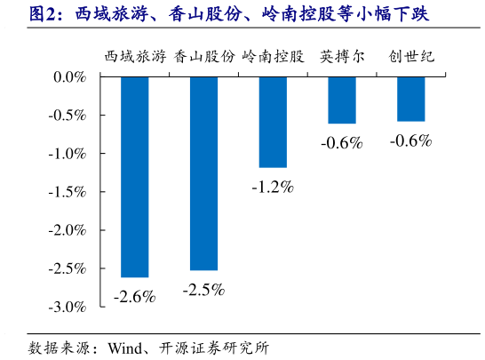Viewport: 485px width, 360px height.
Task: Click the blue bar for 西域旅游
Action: [x=135, y=176]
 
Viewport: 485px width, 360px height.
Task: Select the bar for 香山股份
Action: [x=203, y=172]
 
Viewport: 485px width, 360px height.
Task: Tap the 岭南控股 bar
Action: [x=273, y=122]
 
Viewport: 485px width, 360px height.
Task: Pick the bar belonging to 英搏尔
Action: [x=341, y=100]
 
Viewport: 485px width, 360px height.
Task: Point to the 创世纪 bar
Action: [x=410, y=99]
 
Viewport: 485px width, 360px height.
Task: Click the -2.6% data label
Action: [x=134, y=297]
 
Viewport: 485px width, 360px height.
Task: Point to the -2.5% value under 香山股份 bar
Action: [x=203, y=290]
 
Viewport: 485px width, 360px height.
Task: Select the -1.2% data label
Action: [x=272, y=187]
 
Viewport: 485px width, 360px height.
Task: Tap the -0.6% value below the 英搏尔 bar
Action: [x=342, y=142]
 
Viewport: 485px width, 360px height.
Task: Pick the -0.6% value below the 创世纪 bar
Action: [x=410, y=140]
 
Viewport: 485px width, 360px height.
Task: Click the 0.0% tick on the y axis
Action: [x=68, y=77]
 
